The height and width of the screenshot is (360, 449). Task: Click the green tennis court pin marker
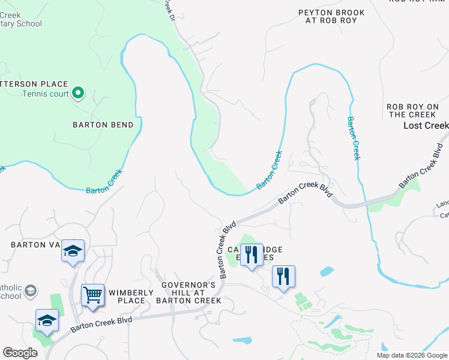tap(77, 93)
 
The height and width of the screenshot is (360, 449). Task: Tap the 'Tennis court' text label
tap(46, 94)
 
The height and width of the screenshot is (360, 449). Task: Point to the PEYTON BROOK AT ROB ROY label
tap(327, 16)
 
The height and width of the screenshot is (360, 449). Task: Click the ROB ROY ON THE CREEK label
tap(411, 110)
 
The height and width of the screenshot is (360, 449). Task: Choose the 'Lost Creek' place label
tap(426, 125)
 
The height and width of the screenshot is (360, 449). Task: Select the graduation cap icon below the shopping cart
tap(47, 320)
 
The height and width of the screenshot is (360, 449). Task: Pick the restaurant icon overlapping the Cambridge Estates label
tap(252, 255)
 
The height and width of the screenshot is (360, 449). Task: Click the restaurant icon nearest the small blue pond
tap(283, 277)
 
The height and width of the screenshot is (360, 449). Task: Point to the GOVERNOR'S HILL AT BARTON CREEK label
tap(188, 292)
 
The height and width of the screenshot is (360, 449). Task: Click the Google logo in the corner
tap(20, 353)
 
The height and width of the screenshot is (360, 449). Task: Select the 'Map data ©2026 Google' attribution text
tap(412, 355)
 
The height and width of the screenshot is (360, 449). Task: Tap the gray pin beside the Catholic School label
tap(31, 292)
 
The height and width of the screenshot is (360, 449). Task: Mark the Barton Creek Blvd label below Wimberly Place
tap(101, 325)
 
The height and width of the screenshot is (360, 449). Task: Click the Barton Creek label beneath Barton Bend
tap(104, 181)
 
